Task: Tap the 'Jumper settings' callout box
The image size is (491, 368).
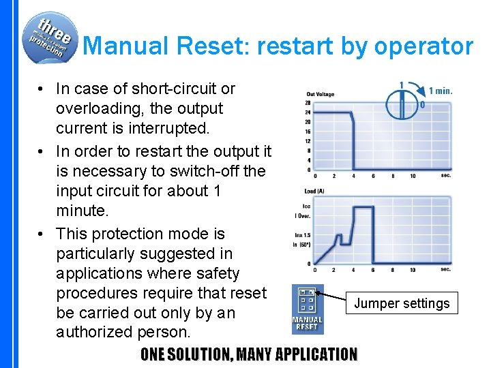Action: [402, 304]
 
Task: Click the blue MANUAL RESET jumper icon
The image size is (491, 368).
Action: [307, 309]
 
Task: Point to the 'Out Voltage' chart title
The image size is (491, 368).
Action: [321, 94]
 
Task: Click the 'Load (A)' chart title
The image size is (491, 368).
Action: [314, 191]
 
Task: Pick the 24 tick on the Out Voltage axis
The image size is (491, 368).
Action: [308, 112]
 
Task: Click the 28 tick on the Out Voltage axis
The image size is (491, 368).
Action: [308, 103]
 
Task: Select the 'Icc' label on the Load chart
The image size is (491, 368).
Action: [307, 206]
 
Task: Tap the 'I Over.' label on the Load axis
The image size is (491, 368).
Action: [304, 215]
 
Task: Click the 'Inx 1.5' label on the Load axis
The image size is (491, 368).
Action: [303, 236]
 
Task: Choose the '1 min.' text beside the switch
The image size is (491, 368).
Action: [441, 91]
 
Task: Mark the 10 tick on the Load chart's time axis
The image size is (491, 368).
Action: [413, 270]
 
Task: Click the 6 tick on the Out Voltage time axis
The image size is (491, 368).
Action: [373, 176]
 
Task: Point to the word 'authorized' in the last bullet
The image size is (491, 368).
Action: [96, 333]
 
